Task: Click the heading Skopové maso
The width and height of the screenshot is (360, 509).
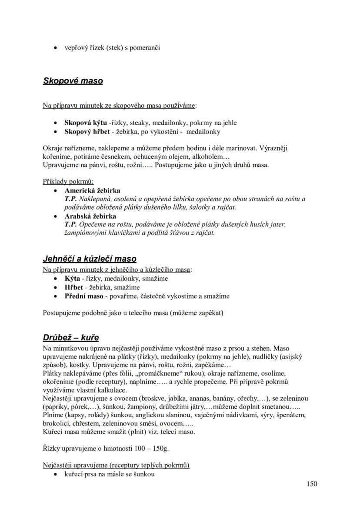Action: click(x=73, y=81)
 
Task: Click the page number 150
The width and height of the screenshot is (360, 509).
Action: click(x=311, y=484)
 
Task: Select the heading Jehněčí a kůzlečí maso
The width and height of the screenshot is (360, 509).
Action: click(x=90, y=259)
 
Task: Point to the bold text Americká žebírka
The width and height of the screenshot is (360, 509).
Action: click(x=92, y=190)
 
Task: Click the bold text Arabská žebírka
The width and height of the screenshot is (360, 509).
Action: click(x=90, y=216)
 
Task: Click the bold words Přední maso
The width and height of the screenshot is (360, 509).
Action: click(x=84, y=296)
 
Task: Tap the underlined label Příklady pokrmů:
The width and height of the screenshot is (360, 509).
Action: click(x=68, y=182)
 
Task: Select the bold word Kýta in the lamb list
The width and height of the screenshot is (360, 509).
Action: click(x=72, y=279)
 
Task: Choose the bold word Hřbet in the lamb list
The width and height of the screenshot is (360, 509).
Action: click(x=73, y=287)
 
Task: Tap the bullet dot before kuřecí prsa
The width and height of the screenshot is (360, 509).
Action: click(x=55, y=474)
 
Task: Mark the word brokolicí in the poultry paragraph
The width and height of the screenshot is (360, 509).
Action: click(x=57, y=424)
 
